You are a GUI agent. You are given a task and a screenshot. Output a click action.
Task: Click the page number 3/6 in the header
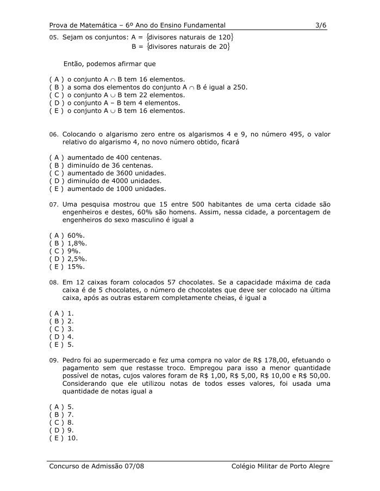point(321,25)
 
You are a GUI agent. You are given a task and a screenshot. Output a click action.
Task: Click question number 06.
point(53,135)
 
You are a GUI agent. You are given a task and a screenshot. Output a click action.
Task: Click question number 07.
point(53,205)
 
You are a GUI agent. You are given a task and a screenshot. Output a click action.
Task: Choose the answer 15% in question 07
point(76,266)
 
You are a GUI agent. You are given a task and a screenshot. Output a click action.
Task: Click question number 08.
point(53,283)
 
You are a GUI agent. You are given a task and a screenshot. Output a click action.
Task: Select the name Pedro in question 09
point(73,360)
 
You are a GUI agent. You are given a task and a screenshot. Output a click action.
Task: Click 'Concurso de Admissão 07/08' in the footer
point(97,466)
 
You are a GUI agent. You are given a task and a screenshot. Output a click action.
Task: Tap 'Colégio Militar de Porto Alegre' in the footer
point(280,466)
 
